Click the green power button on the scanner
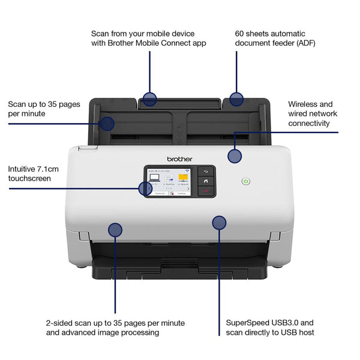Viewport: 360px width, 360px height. point(246,181)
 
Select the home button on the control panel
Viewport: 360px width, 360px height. point(206,181)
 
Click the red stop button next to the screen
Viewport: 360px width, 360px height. point(206,191)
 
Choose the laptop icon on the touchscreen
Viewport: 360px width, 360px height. point(154,178)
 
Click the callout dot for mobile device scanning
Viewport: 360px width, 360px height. point(149,100)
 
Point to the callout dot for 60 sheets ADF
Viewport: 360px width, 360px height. point(236,100)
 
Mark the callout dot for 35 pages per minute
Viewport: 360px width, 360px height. point(107,124)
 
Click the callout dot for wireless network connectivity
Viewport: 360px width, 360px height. point(235,157)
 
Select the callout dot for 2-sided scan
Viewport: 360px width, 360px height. point(115,229)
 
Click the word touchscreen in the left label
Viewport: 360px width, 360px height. point(29,178)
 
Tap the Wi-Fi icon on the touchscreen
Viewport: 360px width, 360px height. point(187,170)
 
